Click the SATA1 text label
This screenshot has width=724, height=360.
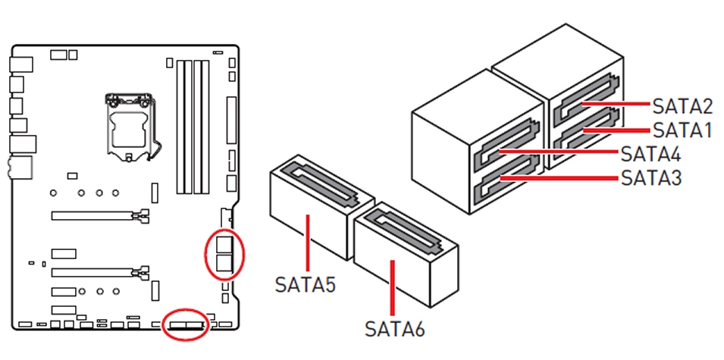682,130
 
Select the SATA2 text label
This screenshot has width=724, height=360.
682,105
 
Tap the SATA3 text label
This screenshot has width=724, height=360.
650,179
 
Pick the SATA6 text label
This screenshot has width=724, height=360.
394,330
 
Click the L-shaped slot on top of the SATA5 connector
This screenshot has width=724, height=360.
321,183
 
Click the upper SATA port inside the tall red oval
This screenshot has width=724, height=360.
225,244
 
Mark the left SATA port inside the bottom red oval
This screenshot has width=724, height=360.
178,325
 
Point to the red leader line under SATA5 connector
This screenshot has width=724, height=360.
306,242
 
